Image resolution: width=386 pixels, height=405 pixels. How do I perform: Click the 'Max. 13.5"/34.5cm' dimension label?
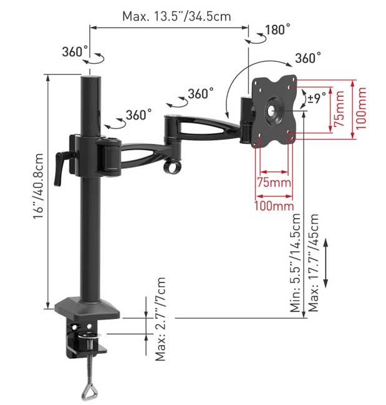176,17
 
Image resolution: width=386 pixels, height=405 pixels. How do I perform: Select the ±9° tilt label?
317,98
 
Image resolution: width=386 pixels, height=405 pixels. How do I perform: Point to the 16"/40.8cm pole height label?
38,186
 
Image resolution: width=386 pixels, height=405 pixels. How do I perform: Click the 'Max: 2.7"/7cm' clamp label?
160,319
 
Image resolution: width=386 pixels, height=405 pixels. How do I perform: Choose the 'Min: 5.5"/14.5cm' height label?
295,263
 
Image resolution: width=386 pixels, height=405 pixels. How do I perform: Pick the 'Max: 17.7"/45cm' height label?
313,263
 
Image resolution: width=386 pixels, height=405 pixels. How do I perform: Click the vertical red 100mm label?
361,108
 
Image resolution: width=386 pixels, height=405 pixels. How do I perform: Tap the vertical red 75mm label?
339,109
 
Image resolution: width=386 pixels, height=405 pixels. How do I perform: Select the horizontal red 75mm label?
274,183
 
